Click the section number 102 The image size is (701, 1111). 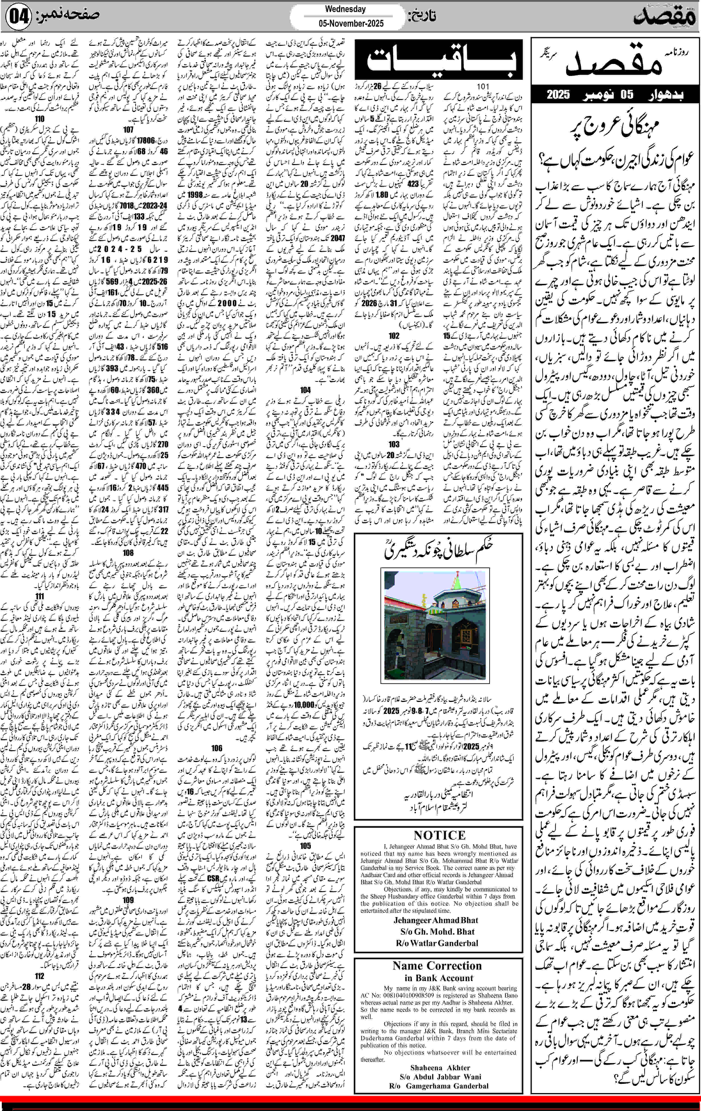[394, 335]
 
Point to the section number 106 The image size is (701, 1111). [217, 748]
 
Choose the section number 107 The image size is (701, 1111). [128, 130]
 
